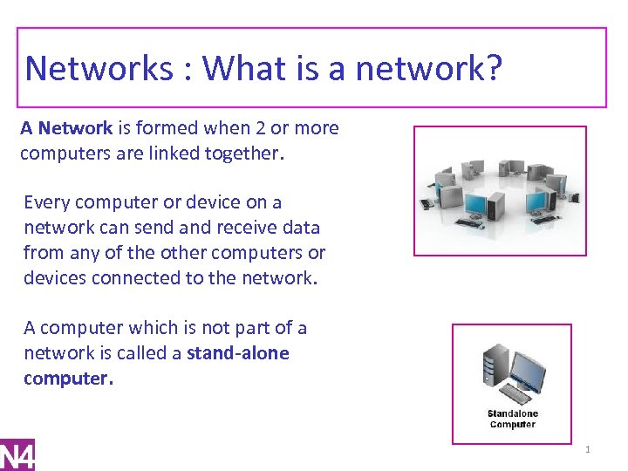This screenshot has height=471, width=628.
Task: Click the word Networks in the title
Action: tap(99, 68)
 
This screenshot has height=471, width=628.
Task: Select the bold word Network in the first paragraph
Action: tap(75, 128)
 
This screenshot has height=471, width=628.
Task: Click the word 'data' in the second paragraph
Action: tap(302, 228)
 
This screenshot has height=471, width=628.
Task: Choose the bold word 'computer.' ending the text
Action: tap(68, 379)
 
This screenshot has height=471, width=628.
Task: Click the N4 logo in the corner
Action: tap(17, 454)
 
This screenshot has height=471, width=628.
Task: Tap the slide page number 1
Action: tap(588, 450)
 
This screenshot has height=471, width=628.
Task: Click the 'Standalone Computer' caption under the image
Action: tap(512, 419)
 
